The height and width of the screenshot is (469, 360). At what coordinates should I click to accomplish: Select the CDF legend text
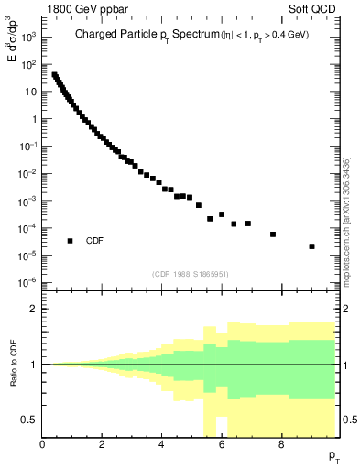click(95, 241)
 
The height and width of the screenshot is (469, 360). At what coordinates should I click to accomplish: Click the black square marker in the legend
click(71, 241)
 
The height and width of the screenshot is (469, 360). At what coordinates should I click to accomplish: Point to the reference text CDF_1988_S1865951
click(190, 273)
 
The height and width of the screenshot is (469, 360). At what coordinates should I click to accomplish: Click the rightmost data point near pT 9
click(312, 246)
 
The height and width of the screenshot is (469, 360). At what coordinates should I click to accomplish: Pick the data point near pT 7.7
click(273, 234)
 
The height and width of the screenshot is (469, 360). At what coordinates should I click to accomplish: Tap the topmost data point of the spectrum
click(54, 75)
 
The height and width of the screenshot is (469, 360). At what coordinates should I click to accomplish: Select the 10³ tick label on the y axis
click(30, 38)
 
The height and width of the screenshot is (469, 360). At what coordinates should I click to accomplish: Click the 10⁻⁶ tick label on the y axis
click(30, 281)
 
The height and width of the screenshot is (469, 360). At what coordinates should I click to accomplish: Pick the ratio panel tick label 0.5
click(30, 420)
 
